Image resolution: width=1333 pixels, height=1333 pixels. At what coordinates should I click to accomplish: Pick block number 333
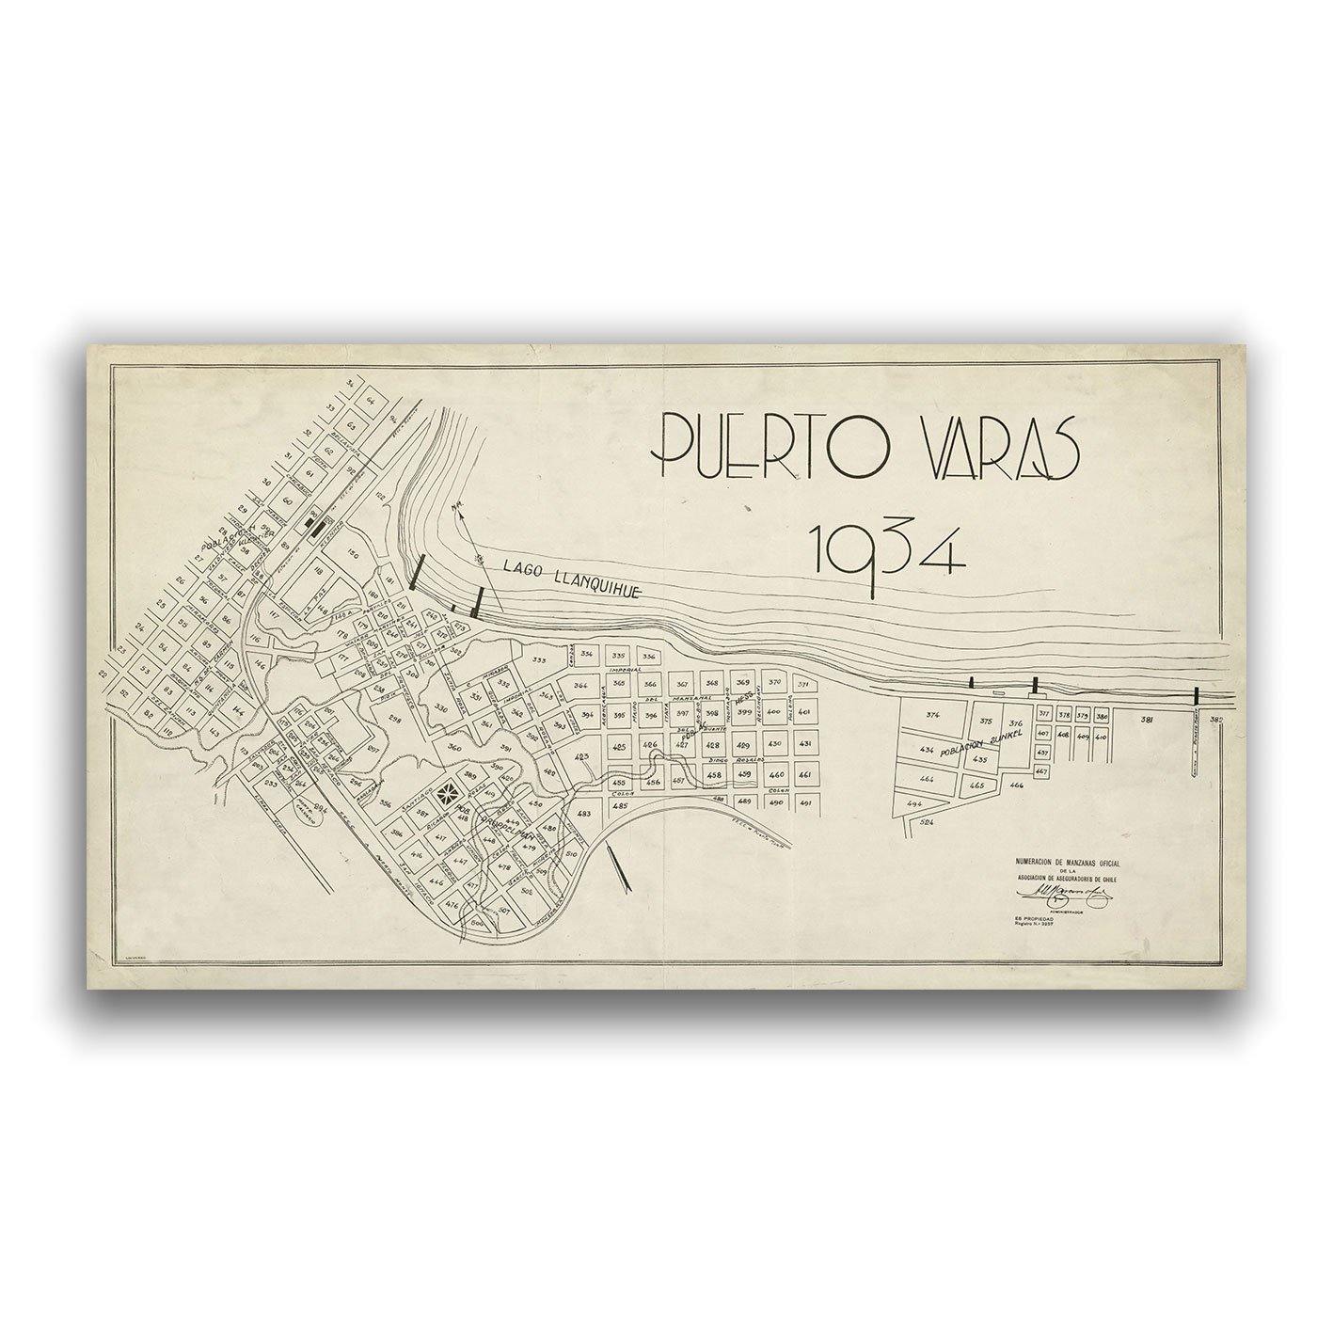[539, 660]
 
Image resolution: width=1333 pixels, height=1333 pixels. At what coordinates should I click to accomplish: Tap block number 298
[395, 719]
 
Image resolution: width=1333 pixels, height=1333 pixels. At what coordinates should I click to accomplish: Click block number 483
[583, 814]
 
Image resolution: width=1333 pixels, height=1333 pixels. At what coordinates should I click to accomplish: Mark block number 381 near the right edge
[1147, 720]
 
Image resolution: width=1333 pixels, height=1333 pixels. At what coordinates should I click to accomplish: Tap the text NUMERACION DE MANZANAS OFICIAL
[1068, 862]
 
